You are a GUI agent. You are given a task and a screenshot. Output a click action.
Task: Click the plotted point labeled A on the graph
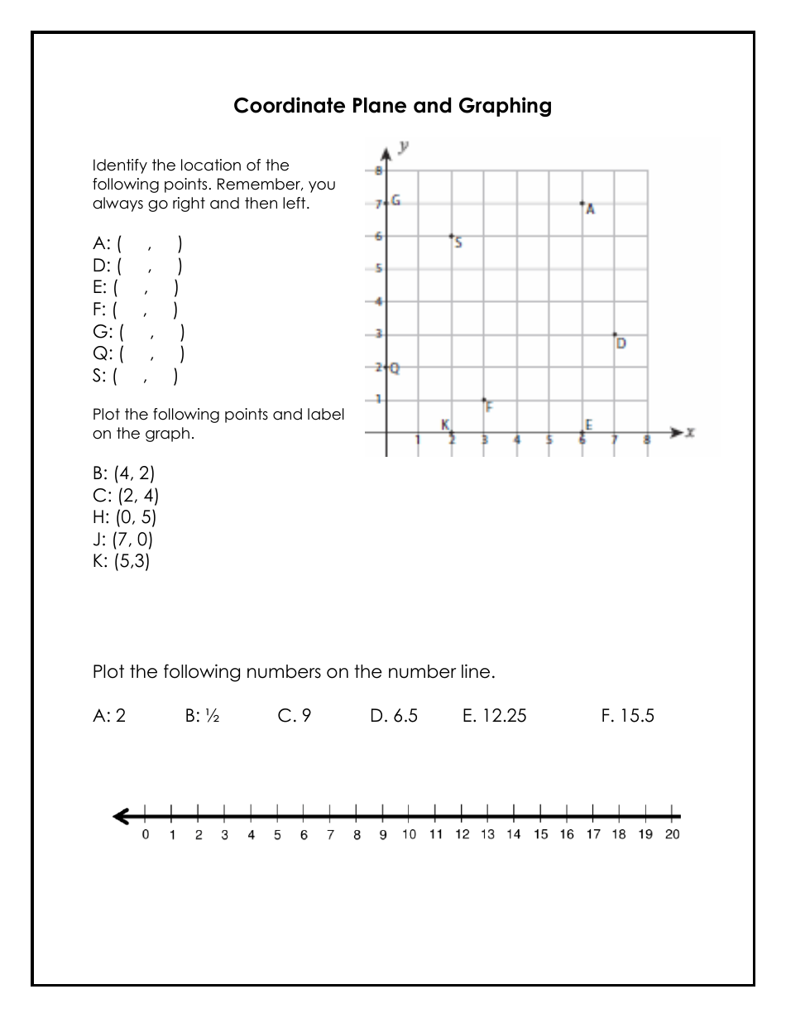582,203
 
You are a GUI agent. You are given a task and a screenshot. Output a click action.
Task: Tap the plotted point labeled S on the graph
451,236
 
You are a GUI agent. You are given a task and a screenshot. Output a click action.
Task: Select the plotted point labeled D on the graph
615,334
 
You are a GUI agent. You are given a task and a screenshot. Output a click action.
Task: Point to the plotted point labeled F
484,400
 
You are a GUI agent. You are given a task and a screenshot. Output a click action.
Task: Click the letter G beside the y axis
396,200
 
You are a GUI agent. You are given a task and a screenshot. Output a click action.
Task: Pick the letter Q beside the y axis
395,369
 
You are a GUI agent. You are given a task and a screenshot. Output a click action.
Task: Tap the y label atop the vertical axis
404,146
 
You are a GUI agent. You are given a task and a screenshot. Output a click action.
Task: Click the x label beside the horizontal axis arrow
689,432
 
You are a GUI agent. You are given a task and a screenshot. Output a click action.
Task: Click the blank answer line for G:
151,333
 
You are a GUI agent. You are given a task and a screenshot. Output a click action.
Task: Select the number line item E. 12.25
494,716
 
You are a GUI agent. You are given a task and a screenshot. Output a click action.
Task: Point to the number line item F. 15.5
627,716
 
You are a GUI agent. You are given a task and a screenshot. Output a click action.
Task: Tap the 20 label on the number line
672,834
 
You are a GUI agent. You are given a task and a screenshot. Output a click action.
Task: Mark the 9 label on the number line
383,834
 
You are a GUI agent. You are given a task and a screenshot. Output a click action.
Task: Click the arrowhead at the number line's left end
122,817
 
